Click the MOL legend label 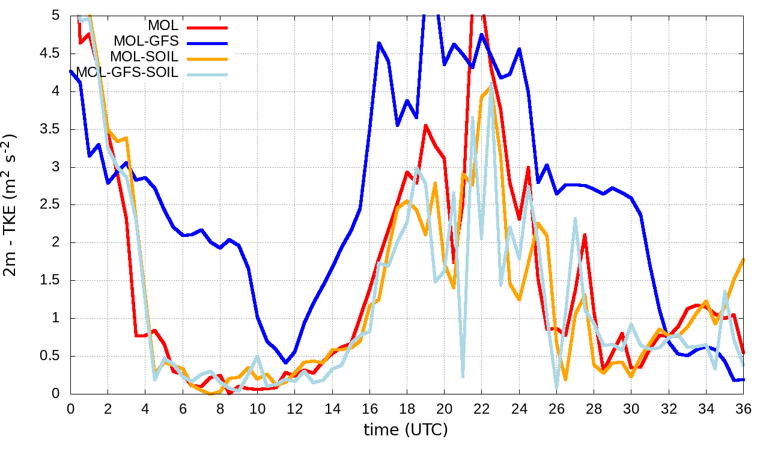[163, 26]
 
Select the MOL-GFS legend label [146, 42]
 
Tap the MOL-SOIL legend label [145, 58]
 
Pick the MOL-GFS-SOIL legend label [127, 73]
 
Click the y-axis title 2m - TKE [11, 204]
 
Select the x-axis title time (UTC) [406, 429]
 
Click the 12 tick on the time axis [294, 408]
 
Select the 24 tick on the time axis [518, 408]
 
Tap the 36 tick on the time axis [743, 408]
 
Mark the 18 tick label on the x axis [407, 408]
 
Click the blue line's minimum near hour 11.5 [286, 363]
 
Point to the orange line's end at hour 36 [743, 259]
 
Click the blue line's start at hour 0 [71, 71]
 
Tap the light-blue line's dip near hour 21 [463, 377]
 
